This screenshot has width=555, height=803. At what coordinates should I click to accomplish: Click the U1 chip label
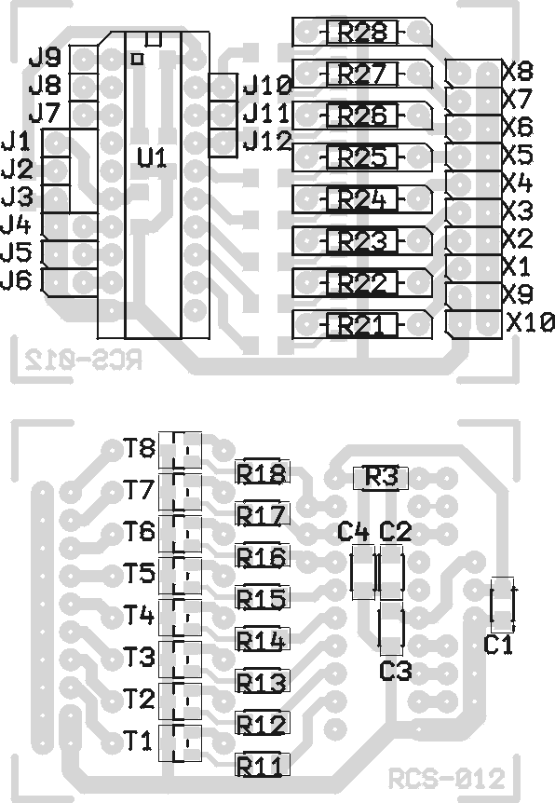(x=152, y=157)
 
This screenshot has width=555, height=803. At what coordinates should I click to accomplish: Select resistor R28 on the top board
(x=362, y=33)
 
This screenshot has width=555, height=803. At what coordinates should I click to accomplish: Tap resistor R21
(x=362, y=325)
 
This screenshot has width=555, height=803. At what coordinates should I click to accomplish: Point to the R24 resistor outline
(x=362, y=199)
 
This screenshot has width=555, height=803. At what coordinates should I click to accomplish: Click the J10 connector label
(x=267, y=85)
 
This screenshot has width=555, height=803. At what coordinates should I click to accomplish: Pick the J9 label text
(x=45, y=58)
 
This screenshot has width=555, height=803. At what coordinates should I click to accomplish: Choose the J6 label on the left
(x=17, y=279)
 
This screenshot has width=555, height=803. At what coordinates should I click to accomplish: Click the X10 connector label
(x=531, y=322)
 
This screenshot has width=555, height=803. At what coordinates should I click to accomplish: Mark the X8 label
(x=518, y=71)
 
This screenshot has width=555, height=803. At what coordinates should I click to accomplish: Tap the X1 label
(x=517, y=266)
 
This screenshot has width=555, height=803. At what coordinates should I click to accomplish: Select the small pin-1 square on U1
(x=137, y=59)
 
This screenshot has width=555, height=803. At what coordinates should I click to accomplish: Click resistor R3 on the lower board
(x=381, y=478)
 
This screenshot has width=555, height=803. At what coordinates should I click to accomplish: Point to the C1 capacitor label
(x=498, y=646)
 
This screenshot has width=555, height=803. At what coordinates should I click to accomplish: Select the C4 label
(x=353, y=532)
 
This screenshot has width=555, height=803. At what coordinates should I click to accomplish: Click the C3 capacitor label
(x=396, y=671)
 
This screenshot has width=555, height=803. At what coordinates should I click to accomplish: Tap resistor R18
(x=263, y=472)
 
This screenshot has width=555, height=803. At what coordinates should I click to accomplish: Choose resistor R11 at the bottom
(x=263, y=766)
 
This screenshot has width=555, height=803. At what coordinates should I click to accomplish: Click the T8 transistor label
(x=140, y=448)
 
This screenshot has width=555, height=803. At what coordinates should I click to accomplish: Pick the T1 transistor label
(x=138, y=741)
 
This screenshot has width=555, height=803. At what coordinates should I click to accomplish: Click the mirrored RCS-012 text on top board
(x=84, y=361)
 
